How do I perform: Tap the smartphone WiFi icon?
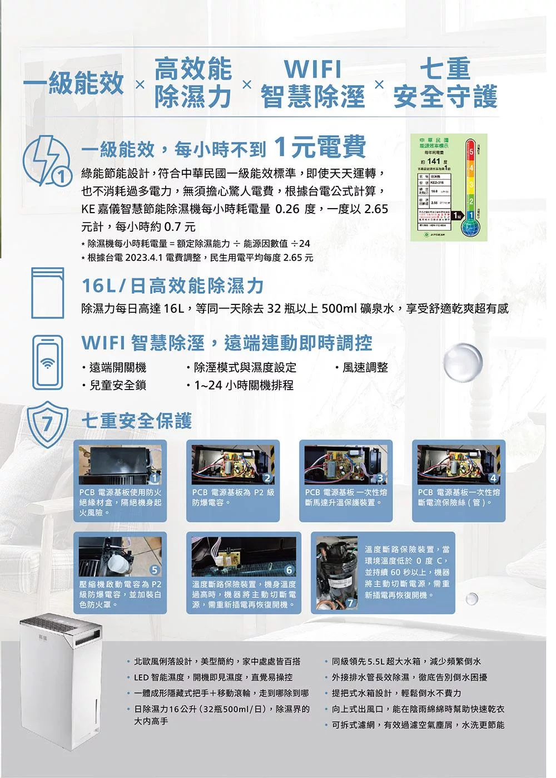[x=48, y=362]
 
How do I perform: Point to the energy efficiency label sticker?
[x=448, y=187]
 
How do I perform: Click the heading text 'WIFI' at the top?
[x=312, y=70]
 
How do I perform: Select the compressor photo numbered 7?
[x=337, y=574]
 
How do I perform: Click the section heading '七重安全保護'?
[x=137, y=421]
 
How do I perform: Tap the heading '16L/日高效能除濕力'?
[x=172, y=286]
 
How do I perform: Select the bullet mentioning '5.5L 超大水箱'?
[x=406, y=661]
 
